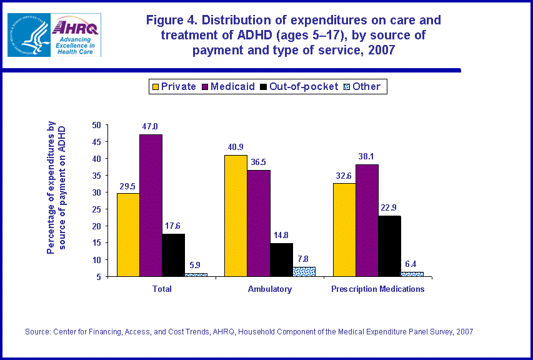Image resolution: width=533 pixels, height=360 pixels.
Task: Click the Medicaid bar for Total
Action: pos(151,206)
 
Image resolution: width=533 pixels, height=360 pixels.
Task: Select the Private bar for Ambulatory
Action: pos(236,216)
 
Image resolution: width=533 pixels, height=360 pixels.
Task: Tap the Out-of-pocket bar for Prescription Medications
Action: pos(389,246)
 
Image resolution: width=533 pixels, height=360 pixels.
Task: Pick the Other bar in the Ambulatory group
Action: pos(304,272)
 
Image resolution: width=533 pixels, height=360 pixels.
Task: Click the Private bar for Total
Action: pos(127,234)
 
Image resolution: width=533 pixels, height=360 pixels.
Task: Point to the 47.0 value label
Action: pos(151,127)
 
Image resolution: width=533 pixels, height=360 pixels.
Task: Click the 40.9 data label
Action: pos(236,147)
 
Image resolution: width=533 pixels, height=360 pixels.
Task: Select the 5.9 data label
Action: pos(196,265)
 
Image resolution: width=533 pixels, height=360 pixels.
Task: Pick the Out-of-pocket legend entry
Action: pos(299,87)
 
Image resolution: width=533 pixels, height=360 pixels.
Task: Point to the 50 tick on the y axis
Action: pos(96,125)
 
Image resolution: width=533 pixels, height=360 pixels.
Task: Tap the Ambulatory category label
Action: pos(269,289)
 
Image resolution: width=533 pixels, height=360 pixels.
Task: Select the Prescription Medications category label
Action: pos(378,289)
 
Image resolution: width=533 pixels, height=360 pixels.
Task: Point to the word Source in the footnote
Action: pos(36,332)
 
